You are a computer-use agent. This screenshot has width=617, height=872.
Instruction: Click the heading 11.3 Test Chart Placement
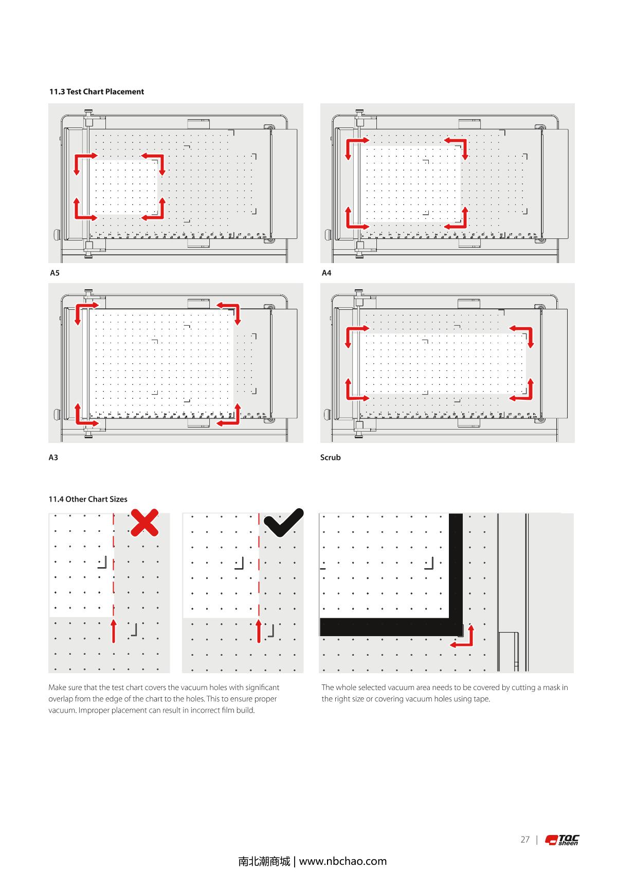(96, 91)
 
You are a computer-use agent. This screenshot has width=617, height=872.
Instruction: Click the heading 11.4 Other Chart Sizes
(88, 499)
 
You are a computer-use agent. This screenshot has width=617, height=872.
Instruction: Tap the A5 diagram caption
(55, 273)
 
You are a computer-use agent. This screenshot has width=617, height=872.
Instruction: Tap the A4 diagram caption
(326, 273)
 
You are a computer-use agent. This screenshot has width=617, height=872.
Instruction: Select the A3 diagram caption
(53, 457)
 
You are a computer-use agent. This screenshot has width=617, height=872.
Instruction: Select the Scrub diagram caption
(330, 457)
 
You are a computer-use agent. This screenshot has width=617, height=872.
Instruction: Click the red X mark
(144, 523)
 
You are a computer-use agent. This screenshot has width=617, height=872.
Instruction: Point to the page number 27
(524, 840)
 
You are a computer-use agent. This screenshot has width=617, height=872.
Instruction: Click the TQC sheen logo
(562, 840)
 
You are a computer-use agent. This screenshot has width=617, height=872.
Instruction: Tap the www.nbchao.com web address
(342, 861)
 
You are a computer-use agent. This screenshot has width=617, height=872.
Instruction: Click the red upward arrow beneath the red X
(114, 631)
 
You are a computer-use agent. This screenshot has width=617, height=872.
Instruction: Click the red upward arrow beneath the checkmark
(259, 631)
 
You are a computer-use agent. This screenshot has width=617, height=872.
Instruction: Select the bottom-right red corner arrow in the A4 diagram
(459, 220)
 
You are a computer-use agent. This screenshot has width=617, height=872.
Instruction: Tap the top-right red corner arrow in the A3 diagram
(231, 311)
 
